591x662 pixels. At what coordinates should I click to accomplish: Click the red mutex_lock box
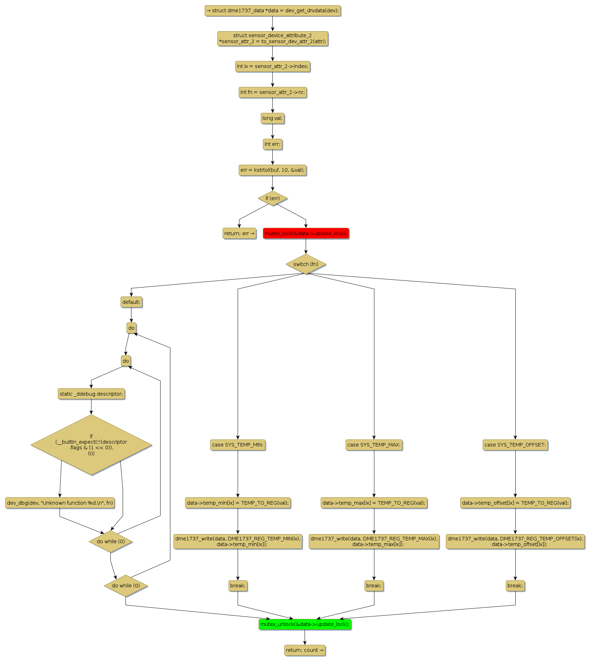click(x=306, y=233)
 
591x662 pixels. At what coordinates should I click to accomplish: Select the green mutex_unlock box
click(x=305, y=624)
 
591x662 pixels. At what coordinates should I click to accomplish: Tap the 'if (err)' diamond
click(x=272, y=198)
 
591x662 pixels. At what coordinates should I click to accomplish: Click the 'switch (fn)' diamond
click(x=306, y=264)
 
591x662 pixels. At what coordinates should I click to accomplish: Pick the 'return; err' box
click(x=239, y=233)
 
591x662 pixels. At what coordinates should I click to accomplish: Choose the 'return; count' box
click(x=305, y=650)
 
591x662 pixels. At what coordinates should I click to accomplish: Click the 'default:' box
click(x=131, y=302)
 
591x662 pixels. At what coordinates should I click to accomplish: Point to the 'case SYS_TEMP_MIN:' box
click(x=238, y=445)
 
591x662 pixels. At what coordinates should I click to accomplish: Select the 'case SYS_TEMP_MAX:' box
click(x=374, y=445)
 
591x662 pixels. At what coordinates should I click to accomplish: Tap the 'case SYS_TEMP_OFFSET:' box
click(x=515, y=445)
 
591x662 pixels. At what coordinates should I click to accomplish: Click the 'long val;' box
click(x=272, y=118)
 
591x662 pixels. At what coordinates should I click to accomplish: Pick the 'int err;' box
click(x=272, y=144)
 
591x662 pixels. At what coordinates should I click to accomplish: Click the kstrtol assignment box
click(x=272, y=170)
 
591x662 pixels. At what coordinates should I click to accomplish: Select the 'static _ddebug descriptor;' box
click(x=91, y=394)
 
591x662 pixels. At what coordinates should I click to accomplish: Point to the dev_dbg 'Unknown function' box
click(x=60, y=503)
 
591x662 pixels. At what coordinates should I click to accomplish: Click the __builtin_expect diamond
click(x=91, y=445)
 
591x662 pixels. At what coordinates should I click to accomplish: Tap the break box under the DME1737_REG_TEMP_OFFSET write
click(x=515, y=586)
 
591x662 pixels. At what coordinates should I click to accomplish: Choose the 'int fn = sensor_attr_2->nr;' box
click(x=272, y=92)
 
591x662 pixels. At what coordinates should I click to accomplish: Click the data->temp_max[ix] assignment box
click(x=374, y=503)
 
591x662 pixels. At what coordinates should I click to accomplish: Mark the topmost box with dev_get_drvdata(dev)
click(x=272, y=11)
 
